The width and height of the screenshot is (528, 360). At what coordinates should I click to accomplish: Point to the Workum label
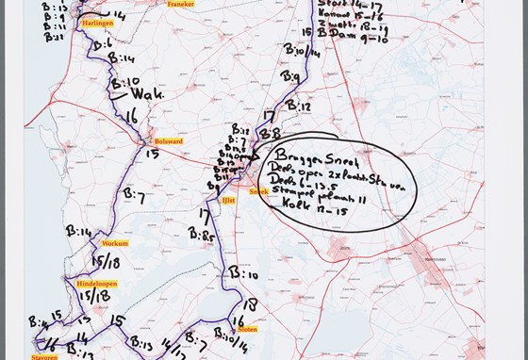click(116, 243)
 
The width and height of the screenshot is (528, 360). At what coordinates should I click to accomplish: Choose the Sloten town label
click(247, 329)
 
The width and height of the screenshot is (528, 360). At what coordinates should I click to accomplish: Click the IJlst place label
click(229, 200)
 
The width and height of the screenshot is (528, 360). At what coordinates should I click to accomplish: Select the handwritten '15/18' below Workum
click(106, 260)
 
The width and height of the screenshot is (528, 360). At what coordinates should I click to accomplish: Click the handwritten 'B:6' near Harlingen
click(104, 46)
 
